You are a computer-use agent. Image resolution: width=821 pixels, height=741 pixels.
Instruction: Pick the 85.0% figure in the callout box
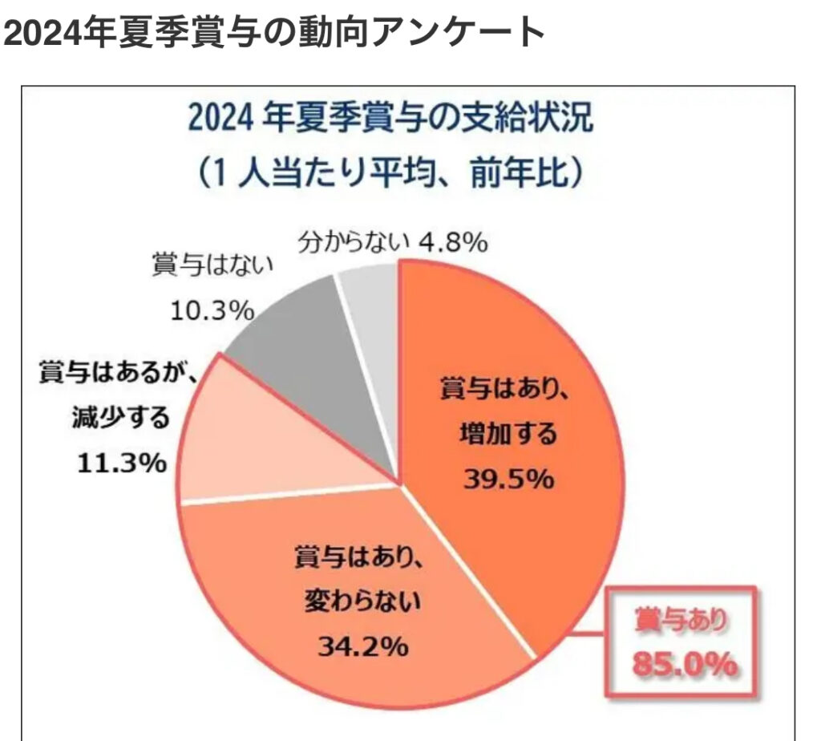tap(684, 665)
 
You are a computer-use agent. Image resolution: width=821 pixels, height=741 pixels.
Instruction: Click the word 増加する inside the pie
tap(508, 435)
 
